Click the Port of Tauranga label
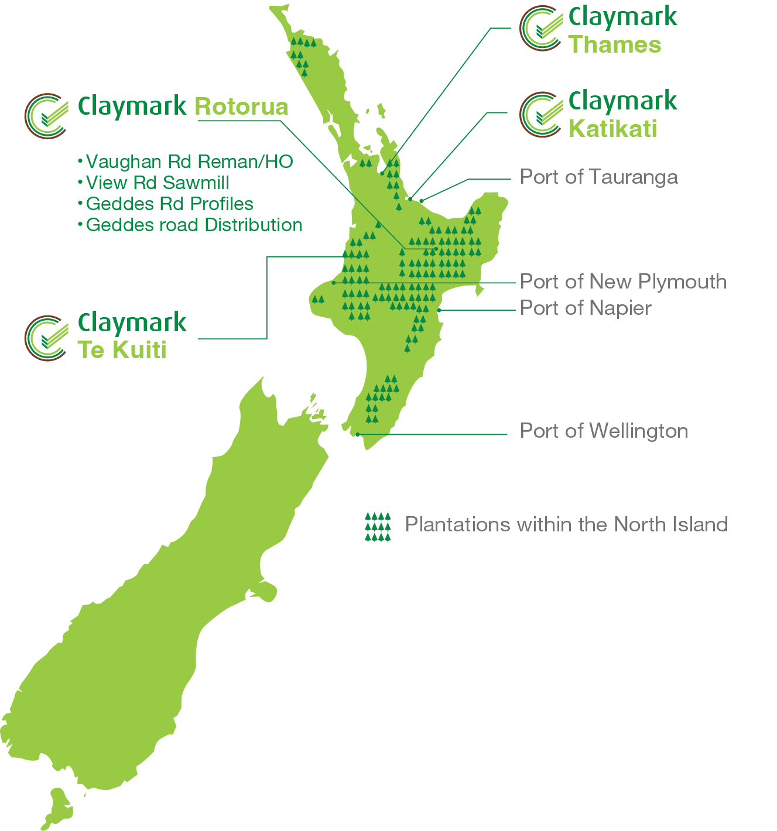pyautogui.click(x=598, y=177)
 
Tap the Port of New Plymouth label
pyautogui.click(x=623, y=281)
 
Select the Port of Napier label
pyautogui.click(x=586, y=308)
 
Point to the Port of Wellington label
pyautogui.click(x=604, y=431)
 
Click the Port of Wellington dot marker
pyautogui.click(x=358, y=434)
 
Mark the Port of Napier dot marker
pyautogui.click(x=439, y=310)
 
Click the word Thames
pyautogui.click(x=615, y=45)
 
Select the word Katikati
pyautogui.click(x=612, y=129)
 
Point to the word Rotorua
pyautogui.click(x=241, y=107)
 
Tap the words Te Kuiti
pyautogui.click(x=122, y=350)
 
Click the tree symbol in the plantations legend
pyautogui.click(x=378, y=527)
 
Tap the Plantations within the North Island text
pyautogui.click(x=566, y=524)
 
